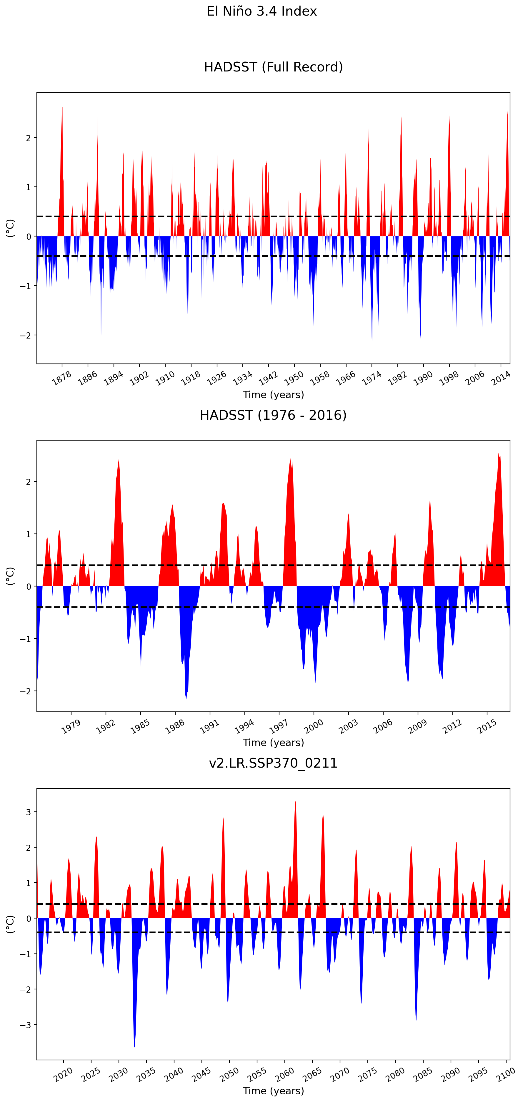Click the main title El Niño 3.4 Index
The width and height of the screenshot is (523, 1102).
tap(261, 11)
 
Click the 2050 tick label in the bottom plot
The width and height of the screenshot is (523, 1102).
tap(229, 1074)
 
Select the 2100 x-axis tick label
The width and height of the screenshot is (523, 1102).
tap(505, 1074)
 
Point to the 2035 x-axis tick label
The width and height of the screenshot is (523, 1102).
tap(146, 1074)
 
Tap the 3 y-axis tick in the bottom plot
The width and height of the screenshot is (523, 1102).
tap(28, 812)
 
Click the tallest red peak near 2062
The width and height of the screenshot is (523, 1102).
tap(295, 802)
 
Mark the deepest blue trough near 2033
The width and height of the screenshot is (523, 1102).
tap(134, 1046)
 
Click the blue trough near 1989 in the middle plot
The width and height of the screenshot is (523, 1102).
tap(186, 698)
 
